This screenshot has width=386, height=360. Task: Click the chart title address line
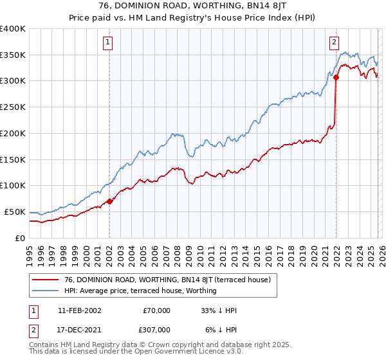click(193, 6)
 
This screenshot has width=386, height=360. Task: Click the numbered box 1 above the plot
click(109, 43)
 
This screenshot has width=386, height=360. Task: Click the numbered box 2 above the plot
click(335, 43)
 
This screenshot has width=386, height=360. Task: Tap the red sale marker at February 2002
click(109, 201)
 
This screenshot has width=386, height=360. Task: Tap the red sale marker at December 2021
click(336, 77)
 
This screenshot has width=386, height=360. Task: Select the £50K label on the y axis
click(15, 212)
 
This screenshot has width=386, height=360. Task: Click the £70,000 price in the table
click(156, 310)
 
